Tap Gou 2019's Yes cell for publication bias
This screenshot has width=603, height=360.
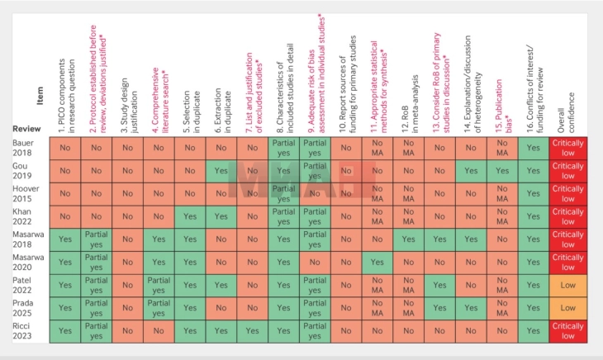[501, 171]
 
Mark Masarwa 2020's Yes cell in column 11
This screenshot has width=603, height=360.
[377, 263]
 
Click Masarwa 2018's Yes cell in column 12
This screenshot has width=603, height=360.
[407, 240]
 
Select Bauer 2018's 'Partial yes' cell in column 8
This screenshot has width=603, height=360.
[283, 148]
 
